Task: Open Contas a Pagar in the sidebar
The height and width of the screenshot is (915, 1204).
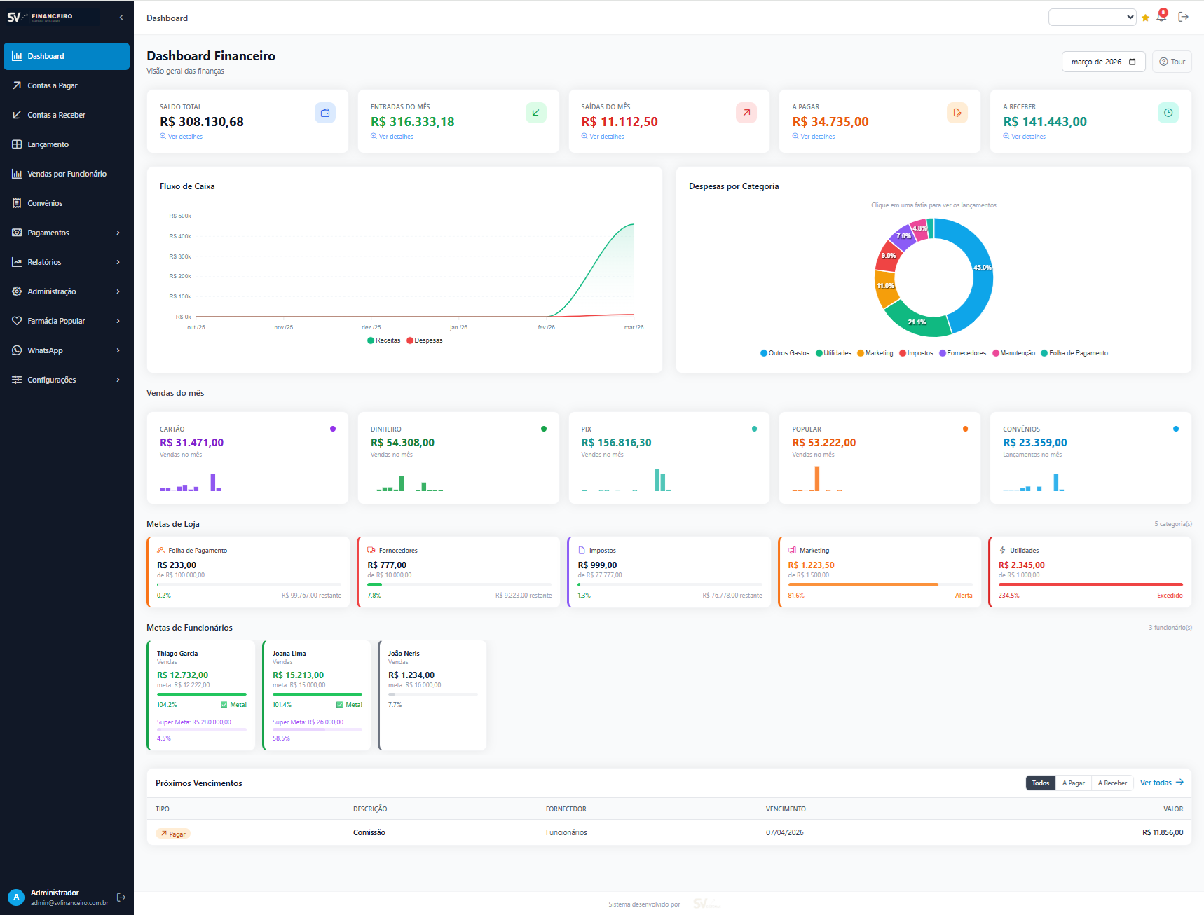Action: (x=53, y=85)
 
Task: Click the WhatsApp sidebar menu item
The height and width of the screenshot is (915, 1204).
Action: (x=46, y=350)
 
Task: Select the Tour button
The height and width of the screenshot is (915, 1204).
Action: (x=1172, y=62)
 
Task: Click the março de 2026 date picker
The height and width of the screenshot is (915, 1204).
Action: (x=1102, y=62)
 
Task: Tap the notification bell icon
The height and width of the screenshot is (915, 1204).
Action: (x=1161, y=18)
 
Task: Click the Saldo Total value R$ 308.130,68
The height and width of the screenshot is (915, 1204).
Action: (x=202, y=122)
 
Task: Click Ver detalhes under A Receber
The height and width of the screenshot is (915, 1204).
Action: (x=1027, y=137)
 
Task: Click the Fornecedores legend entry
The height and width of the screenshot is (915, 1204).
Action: (x=965, y=353)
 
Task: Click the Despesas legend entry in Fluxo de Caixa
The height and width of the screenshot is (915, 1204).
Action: (x=427, y=340)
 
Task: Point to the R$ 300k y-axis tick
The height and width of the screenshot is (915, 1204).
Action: (x=180, y=256)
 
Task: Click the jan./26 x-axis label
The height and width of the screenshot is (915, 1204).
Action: (x=458, y=327)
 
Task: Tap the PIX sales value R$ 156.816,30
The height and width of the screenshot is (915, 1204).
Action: (x=616, y=443)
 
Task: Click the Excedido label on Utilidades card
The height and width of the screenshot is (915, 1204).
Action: (x=1169, y=596)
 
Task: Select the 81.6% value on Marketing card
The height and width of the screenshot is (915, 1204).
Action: (x=795, y=596)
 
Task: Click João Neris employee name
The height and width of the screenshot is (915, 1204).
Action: (x=404, y=654)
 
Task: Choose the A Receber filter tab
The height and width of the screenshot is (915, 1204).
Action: (x=1111, y=783)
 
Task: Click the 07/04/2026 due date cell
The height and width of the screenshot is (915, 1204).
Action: (x=784, y=832)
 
